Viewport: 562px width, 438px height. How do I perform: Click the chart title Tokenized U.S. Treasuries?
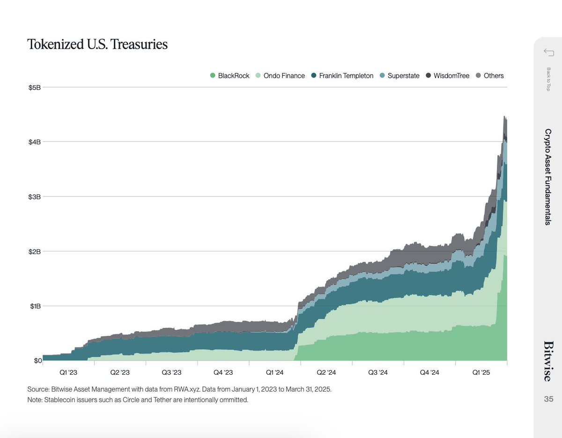click(x=97, y=45)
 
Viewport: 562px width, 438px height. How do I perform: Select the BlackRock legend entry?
click(x=230, y=75)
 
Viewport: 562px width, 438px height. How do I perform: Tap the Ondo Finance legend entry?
click(x=280, y=75)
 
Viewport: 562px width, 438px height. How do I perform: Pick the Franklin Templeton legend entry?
click(x=342, y=75)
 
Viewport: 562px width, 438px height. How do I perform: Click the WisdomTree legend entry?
click(x=447, y=75)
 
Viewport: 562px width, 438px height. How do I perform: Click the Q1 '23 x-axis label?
click(x=68, y=372)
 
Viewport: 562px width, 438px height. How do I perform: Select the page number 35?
click(x=548, y=399)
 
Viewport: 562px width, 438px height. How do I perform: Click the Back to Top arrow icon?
click(x=548, y=52)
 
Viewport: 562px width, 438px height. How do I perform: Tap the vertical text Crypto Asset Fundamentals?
click(x=548, y=177)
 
